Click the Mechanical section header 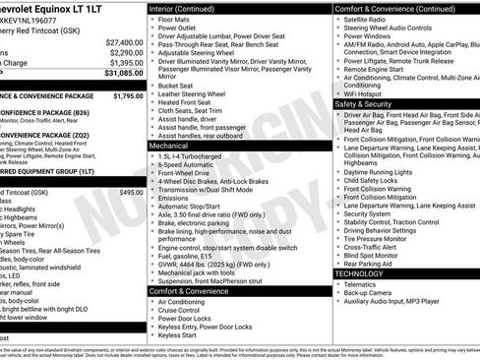click(x=170, y=145)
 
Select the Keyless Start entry click(x=179, y=335)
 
